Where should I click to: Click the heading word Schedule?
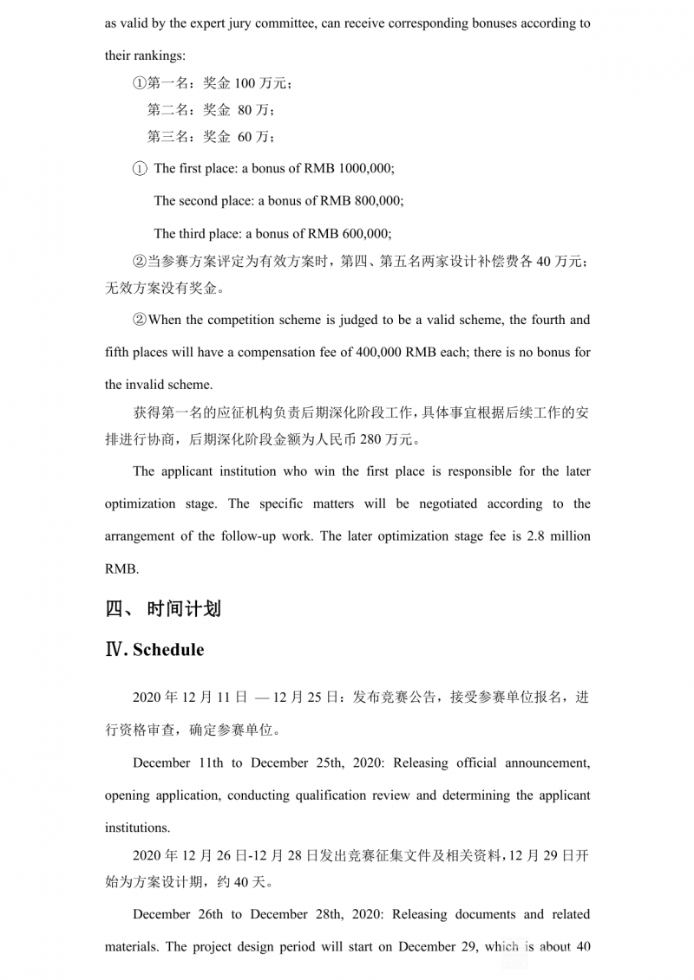point(168,650)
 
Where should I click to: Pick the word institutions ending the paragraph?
point(137,827)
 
